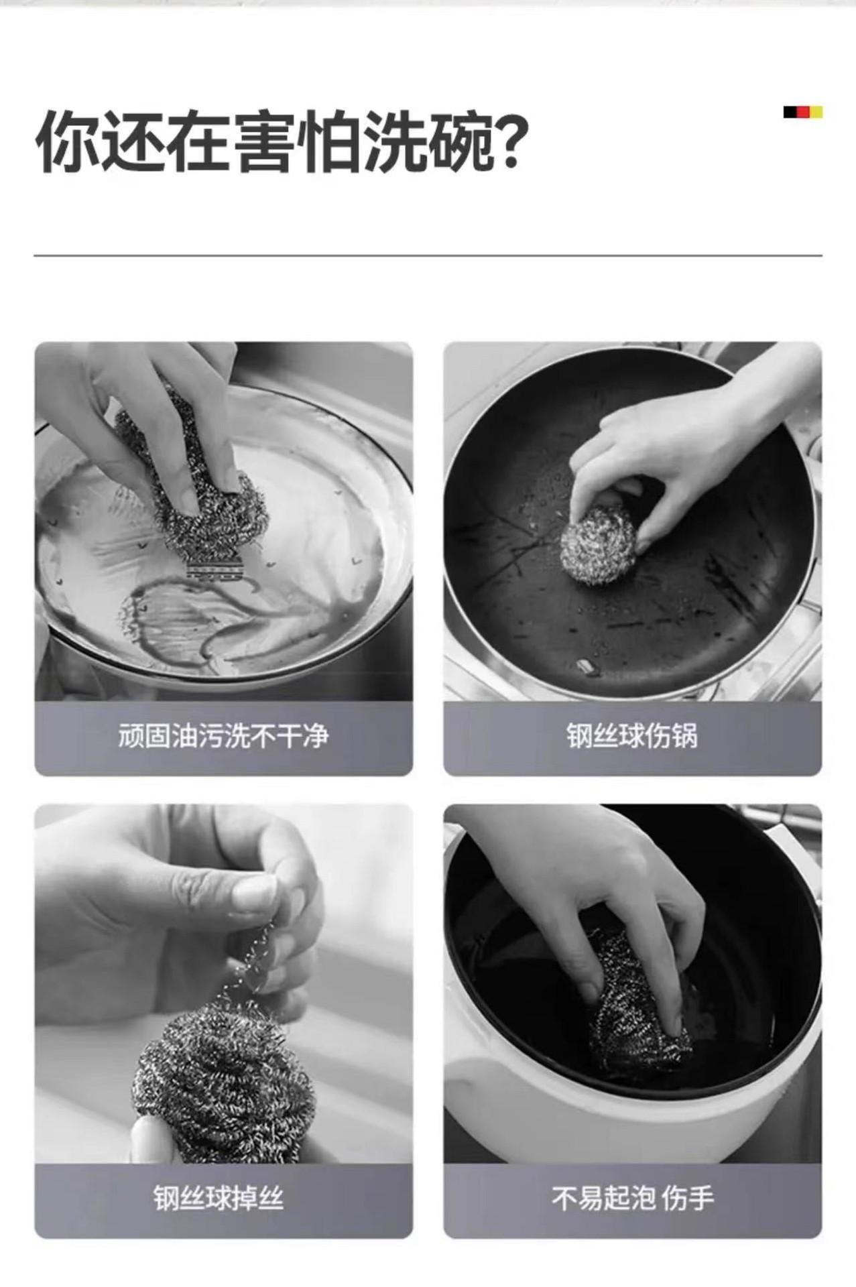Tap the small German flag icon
coord(802,112)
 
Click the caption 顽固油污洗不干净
coord(223,736)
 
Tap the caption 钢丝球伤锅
coord(632,736)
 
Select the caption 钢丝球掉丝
coord(219,1197)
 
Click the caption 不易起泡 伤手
coord(633,1197)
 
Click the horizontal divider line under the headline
coord(428,255)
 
